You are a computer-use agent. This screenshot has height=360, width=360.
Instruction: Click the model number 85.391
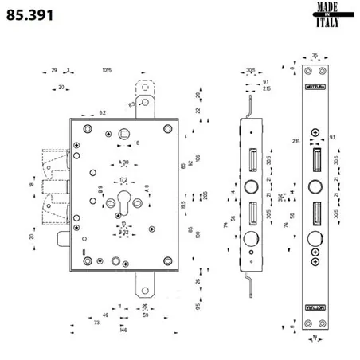pos(30,16)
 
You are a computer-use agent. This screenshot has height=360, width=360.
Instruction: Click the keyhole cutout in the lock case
pos(124,201)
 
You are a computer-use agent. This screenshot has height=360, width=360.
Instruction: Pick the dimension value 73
pos(96,323)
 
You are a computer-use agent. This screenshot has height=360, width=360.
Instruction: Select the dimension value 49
pos(105,315)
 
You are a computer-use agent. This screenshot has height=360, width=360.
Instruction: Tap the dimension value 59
pos(145,315)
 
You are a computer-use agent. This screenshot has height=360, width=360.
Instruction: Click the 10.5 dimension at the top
pos(107,70)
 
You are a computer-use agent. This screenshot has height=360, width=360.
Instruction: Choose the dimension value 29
pos(54,70)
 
